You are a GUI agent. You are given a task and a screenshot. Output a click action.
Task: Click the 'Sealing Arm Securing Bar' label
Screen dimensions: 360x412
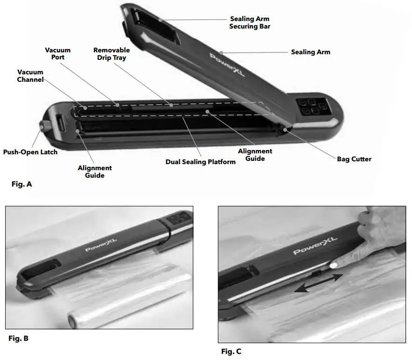click(249, 23)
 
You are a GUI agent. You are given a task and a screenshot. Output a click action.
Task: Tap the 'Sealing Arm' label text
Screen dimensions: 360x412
click(311, 52)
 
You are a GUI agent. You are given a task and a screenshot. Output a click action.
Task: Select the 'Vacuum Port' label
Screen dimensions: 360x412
click(58, 54)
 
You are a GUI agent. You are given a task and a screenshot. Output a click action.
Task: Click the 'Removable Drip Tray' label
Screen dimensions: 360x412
click(111, 54)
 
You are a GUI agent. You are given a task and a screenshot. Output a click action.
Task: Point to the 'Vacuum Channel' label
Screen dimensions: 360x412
click(30, 76)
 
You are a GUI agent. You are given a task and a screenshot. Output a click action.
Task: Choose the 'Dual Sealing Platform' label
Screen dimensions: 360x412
click(201, 162)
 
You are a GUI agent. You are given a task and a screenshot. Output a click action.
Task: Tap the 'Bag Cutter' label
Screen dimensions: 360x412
click(354, 159)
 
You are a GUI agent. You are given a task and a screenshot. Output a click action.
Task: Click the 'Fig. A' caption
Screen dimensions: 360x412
click(22, 184)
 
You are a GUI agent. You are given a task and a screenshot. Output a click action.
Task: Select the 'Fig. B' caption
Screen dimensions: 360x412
click(19, 338)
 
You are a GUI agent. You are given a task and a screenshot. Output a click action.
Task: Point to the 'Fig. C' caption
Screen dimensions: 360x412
click(231, 351)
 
